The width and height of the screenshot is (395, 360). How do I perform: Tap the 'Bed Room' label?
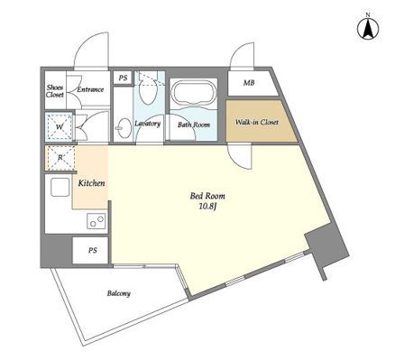(x=207, y=195)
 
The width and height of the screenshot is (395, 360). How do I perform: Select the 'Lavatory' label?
(x=147, y=123)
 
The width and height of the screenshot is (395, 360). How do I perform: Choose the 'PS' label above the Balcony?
(x=93, y=250)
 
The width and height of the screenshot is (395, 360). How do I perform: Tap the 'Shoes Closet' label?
(x=55, y=90)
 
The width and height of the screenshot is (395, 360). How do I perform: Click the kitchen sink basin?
(x=60, y=189)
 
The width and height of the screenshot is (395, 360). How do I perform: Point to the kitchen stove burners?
(x=95, y=220)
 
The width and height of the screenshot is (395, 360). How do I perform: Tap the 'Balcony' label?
(x=119, y=294)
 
